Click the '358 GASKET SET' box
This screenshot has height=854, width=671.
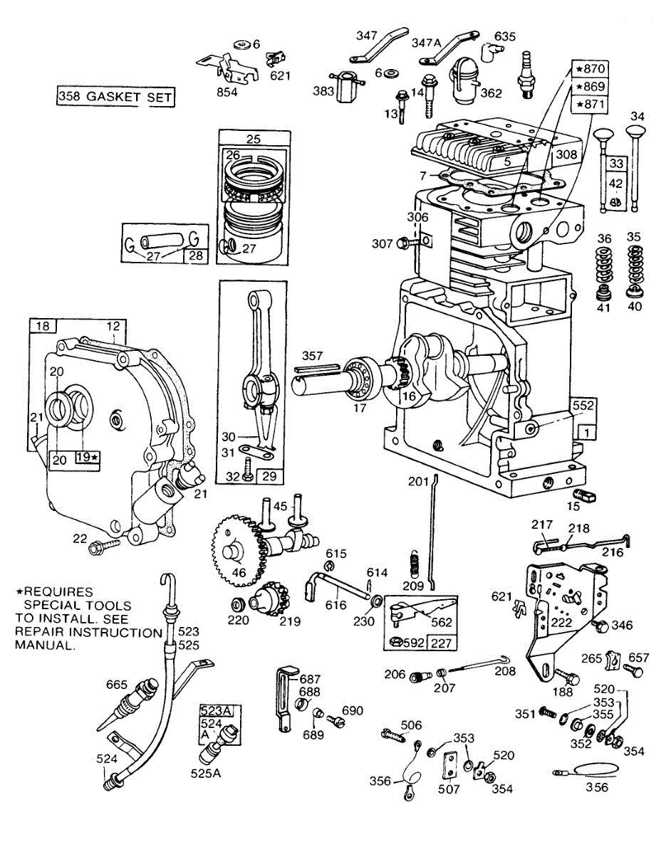pos(115,96)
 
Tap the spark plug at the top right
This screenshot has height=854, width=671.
pos(528,75)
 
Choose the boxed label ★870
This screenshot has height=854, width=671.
pos(589,70)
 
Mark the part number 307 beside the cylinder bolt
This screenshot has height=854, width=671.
pos(382,243)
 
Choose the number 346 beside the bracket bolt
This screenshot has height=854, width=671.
pos(621,626)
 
